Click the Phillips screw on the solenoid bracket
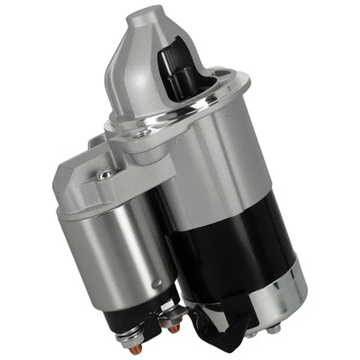click(x=105, y=171)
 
